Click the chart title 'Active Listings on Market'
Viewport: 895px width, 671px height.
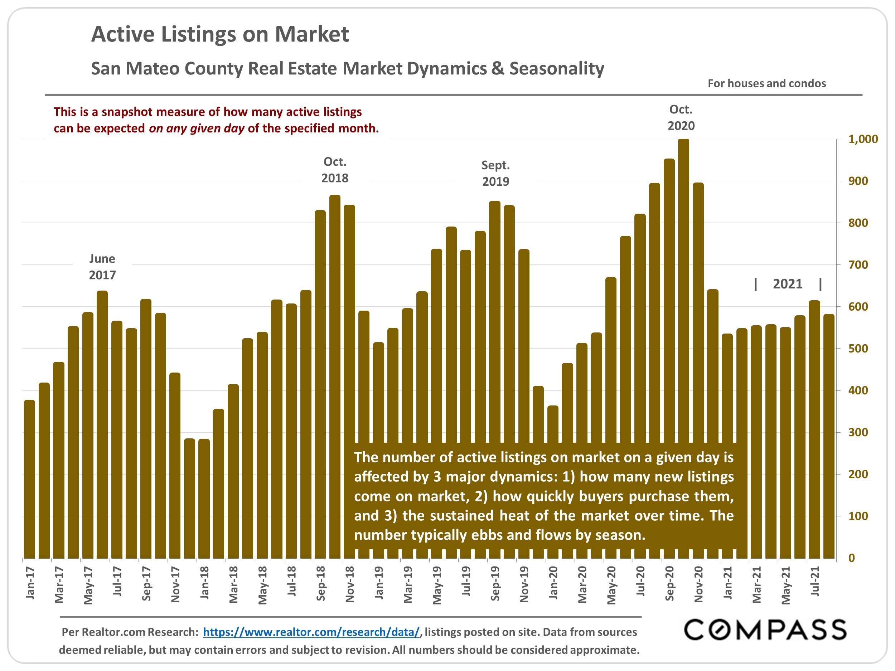click(x=220, y=34)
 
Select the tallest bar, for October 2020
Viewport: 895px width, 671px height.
click(x=683, y=348)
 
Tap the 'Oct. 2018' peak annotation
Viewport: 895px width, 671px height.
click(x=335, y=170)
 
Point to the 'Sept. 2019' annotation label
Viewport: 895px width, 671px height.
click(x=495, y=173)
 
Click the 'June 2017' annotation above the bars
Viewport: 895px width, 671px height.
click(x=102, y=267)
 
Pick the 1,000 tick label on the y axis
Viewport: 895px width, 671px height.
click(x=863, y=139)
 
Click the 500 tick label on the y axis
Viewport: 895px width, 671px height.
click(x=858, y=349)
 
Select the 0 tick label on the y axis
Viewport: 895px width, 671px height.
click(x=852, y=558)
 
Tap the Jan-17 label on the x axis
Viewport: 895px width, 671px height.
click(x=30, y=583)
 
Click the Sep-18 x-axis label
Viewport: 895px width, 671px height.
click(x=320, y=583)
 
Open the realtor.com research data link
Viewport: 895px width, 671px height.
click(x=311, y=632)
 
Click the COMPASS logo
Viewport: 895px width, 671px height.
click(x=765, y=630)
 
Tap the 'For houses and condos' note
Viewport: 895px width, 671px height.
click(x=766, y=83)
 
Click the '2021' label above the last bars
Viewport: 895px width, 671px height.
click(x=787, y=284)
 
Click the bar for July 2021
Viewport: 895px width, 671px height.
click(x=814, y=429)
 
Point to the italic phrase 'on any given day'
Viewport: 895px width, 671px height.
click(x=197, y=128)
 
